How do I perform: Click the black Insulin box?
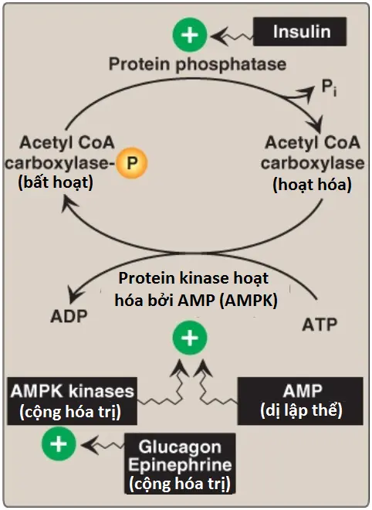tap(299, 32)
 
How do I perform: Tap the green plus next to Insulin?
tap(190, 35)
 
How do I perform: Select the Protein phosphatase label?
tap(198, 63)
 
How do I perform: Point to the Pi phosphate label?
tap(329, 88)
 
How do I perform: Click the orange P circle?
tap(131, 162)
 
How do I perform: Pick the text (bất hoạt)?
tap(56, 182)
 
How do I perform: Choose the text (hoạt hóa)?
tap(313, 185)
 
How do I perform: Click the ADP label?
tap(69, 316)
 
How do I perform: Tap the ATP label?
tap(320, 325)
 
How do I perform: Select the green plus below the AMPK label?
tap(190, 338)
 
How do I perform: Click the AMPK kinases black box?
tap(72, 401)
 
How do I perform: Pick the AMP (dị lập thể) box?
tap(300, 401)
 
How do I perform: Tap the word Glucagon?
tap(180, 447)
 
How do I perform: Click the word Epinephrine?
tap(180, 464)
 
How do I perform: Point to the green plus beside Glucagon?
tap(59, 444)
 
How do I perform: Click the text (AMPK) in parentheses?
tap(249, 301)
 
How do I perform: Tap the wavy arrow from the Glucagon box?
tap(103, 445)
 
